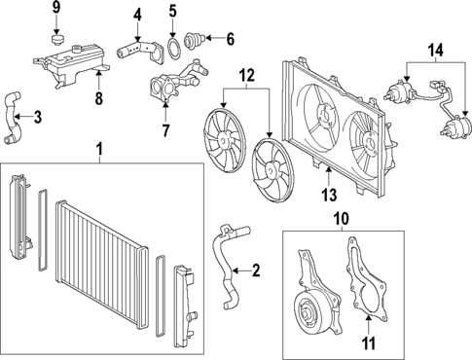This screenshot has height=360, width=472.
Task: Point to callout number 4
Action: (172, 14)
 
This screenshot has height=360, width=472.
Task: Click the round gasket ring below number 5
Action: (230, 40)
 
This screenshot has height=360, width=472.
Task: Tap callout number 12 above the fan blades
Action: (245, 75)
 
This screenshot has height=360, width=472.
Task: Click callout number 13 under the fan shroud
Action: (329, 176)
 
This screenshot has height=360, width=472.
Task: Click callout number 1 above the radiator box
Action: (98, 148)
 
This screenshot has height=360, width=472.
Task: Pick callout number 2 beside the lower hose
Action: (255, 270)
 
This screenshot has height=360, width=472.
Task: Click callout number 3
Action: (36, 118)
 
